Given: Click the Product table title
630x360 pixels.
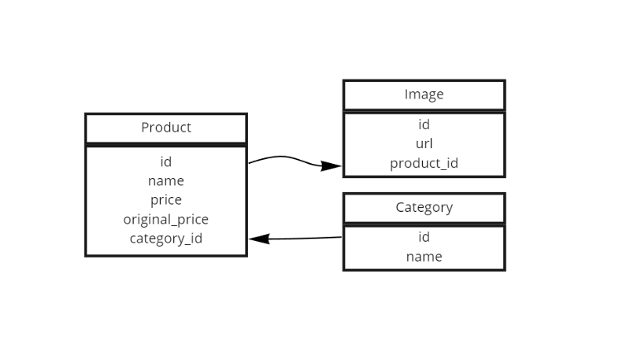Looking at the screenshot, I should tap(166, 128).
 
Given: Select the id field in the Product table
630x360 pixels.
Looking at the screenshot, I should tap(166, 161).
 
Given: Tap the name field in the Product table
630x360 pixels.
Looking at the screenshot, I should tap(166, 180).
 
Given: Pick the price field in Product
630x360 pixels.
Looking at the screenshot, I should tap(166, 200).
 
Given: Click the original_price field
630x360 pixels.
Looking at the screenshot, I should tap(166, 219).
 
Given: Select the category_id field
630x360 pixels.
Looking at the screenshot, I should tap(166, 238).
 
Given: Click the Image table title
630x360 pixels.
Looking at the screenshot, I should tap(424, 95).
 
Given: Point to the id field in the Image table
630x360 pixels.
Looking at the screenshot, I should tap(424, 124).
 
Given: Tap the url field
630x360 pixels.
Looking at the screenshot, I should tap(424, 143).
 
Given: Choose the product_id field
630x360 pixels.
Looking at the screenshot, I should tap(424, 163).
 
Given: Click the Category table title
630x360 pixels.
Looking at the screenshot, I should tap(424, 207).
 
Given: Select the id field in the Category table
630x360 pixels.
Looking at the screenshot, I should tap(424, 237).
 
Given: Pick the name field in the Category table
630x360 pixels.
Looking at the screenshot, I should tap(424, 256).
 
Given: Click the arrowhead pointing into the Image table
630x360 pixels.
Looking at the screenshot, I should tap(332, 166).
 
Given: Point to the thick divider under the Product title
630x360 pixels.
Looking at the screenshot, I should tap(166, 145).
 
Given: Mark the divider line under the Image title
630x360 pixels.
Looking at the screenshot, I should tap(424, 111).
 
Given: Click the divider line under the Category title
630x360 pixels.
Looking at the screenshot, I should tap(424, 225).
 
